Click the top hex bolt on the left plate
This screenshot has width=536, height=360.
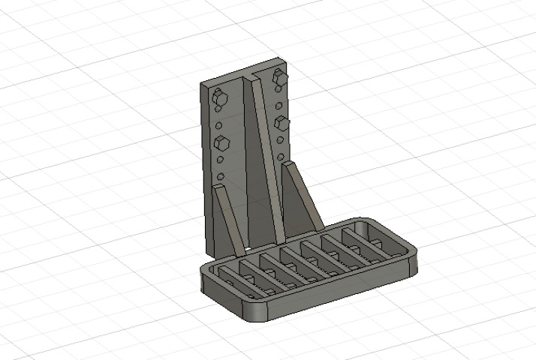click(x=218, y=96)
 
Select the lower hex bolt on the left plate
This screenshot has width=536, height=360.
click(x=221, y=142)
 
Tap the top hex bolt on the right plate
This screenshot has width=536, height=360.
click(x=281, y=76)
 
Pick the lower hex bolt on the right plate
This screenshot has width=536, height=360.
click(x=282, y=122)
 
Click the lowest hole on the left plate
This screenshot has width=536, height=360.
click(x=221, y=178)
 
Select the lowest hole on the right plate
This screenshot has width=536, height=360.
click(x=282, y=157)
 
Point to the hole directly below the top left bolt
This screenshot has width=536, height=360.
click(x=218, y=110)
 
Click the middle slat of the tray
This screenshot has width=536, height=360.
click(x=300, y=259)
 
